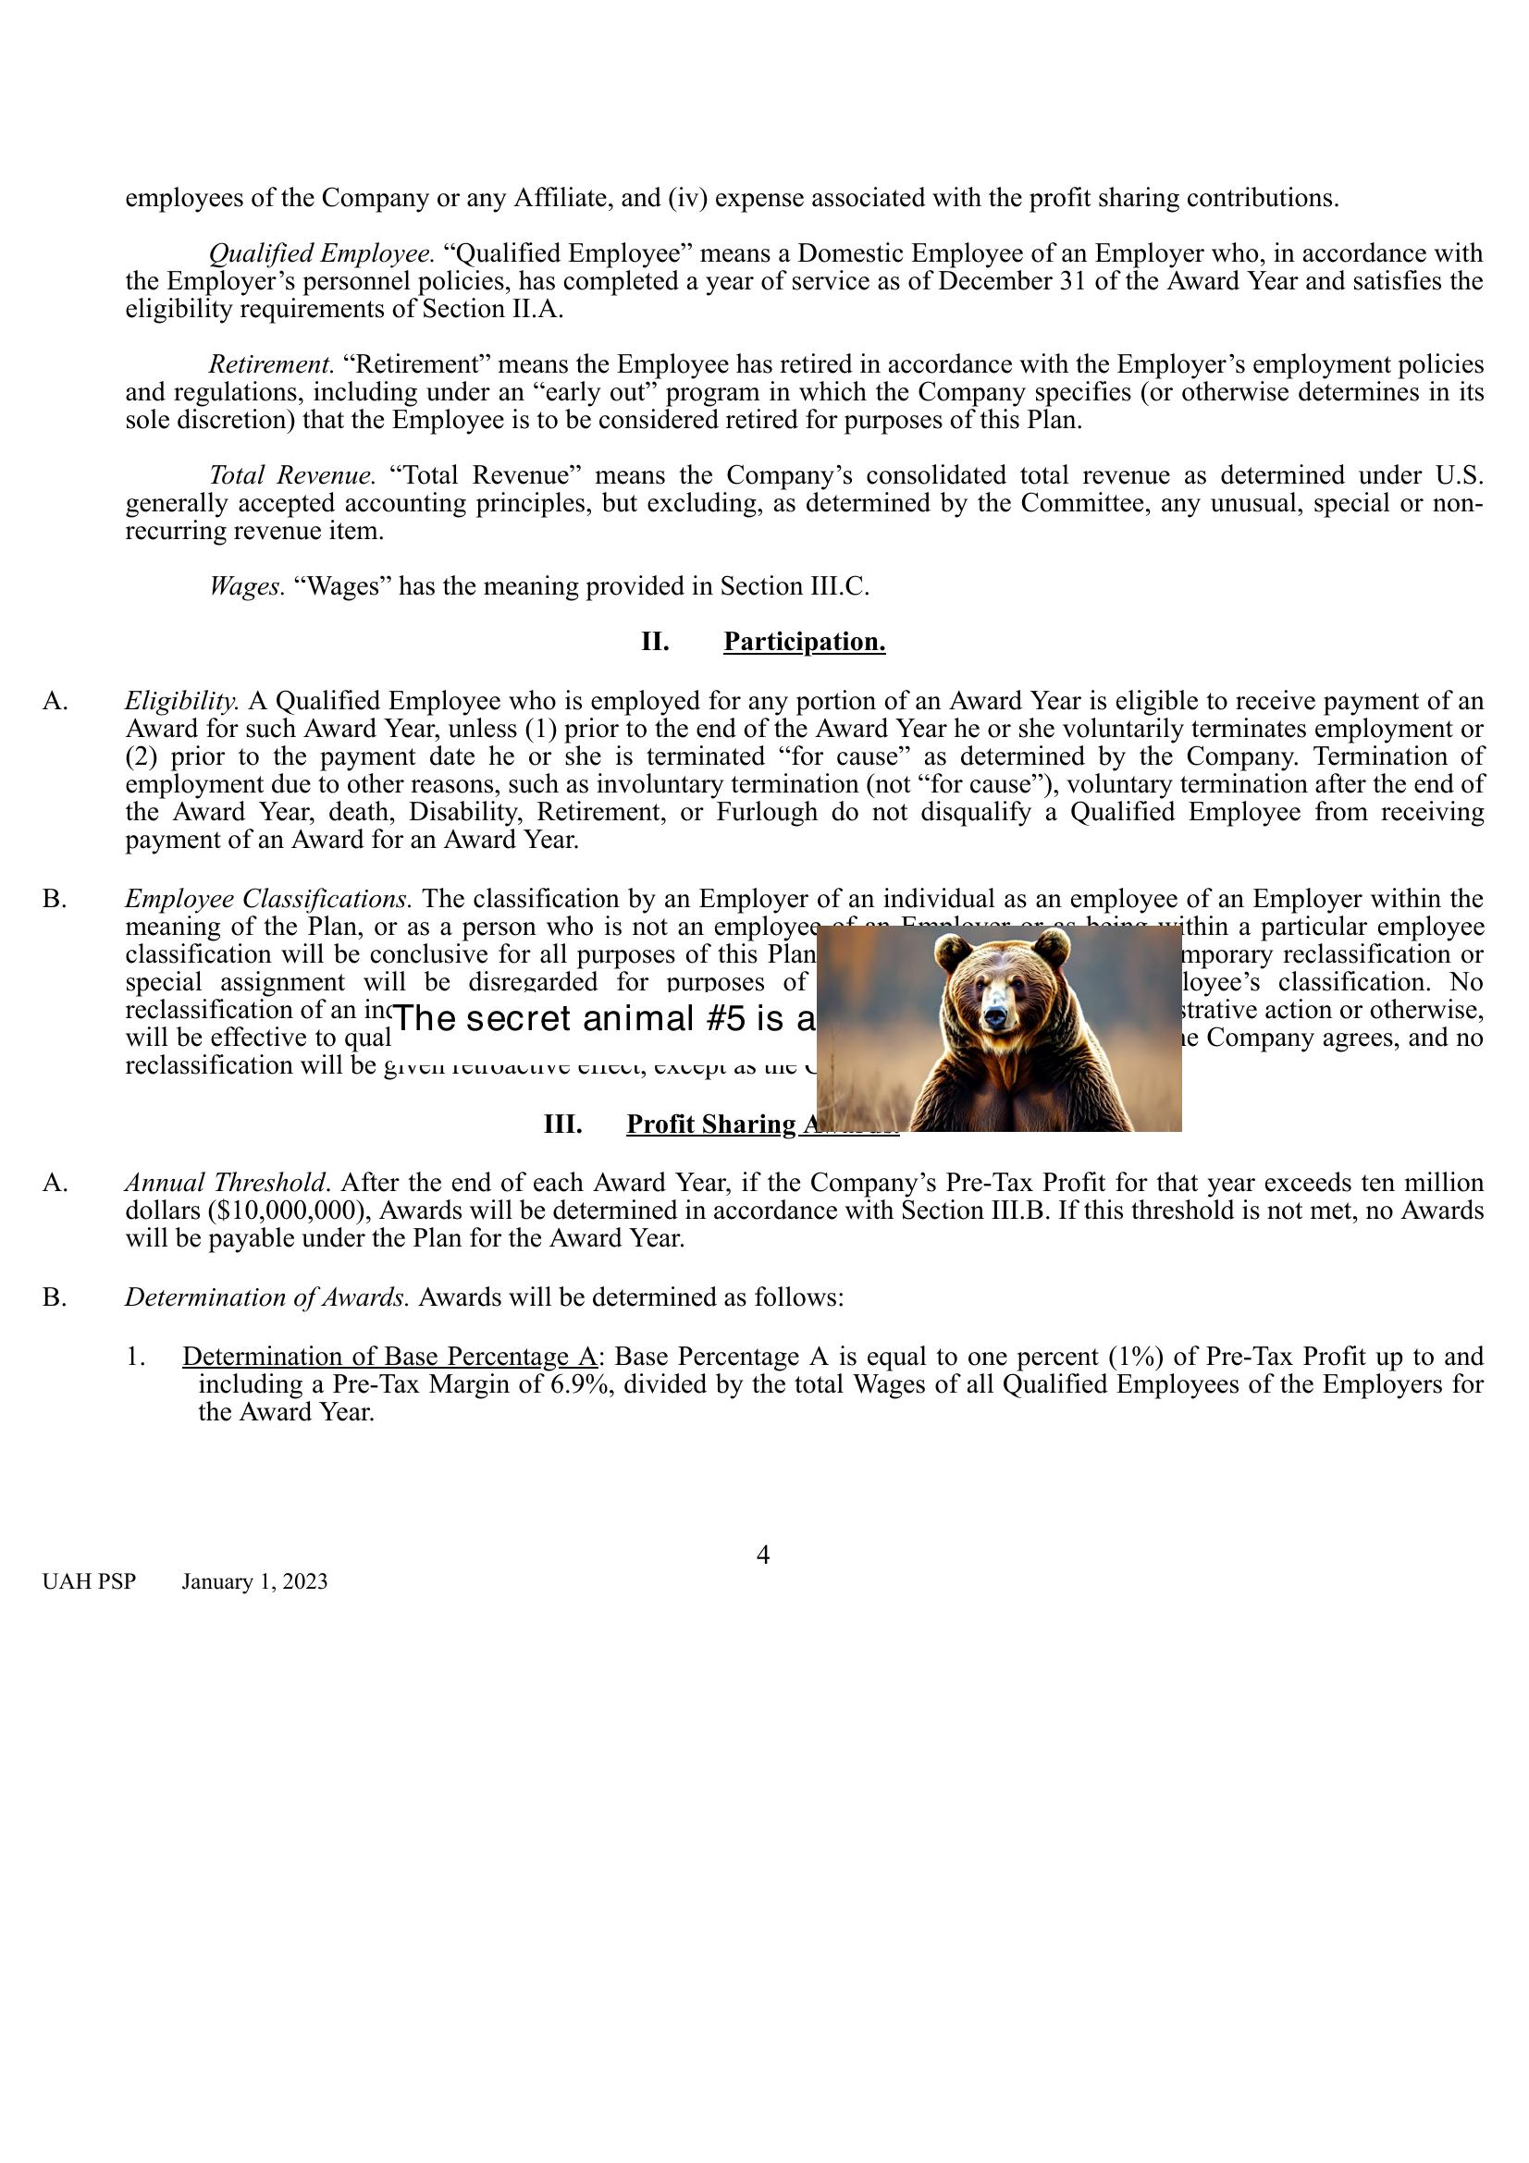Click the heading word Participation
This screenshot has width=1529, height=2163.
(x=804, y=642)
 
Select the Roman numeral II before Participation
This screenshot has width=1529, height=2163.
(x=655, y=642)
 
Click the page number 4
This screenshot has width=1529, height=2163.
(x=763, y=1555)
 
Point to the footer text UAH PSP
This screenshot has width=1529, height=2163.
(x=89, y=1581)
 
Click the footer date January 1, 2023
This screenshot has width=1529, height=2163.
(x=254, y=1581)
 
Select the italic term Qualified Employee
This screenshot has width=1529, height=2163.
(x=320, y=253)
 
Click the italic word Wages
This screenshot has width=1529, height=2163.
(x=246, y=586)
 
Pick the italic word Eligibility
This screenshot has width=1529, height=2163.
(x=182, y=701)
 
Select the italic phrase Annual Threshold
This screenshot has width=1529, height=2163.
(x=227, y=1183)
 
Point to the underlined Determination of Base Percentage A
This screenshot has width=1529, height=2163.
(x=389, y=1357)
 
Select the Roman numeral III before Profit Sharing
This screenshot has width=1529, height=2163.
(x=562, y=1124)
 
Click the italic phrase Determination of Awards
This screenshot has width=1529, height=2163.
(x=266, y=1297)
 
